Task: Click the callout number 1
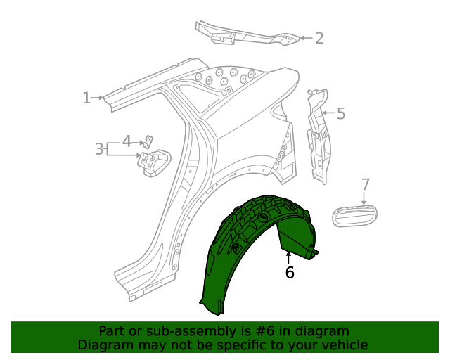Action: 86,98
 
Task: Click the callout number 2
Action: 319,38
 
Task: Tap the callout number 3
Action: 99,149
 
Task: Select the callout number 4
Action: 127,141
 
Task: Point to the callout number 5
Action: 341,114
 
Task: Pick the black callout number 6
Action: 290,272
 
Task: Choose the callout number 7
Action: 365,185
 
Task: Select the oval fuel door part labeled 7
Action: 354,215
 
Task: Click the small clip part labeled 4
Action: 149,140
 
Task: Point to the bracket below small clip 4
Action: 153,162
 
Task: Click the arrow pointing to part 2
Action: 305,38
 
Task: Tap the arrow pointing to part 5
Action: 328,112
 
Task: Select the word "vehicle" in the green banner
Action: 343,345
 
